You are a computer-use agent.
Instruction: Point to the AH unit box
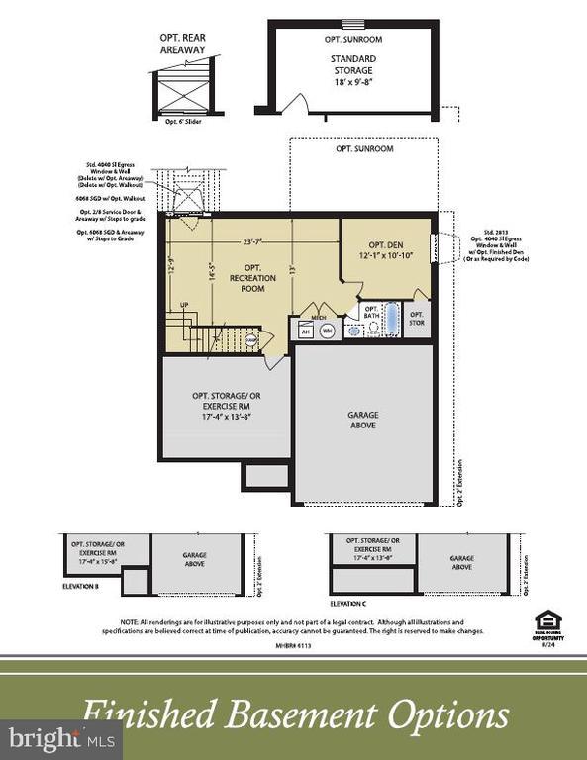click(x=305, y=332)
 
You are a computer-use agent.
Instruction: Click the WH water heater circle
click(x=327, y=332)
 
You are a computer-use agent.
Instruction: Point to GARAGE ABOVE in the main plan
click(x=362, y=421)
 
